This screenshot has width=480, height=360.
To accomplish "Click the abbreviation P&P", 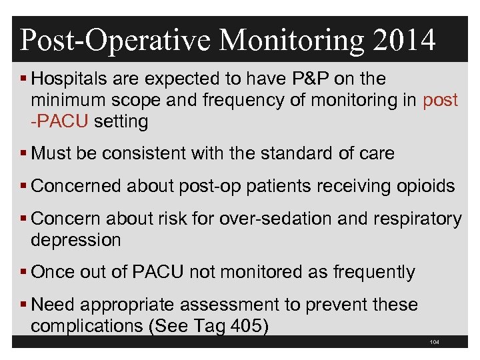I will click(x=309, y=79).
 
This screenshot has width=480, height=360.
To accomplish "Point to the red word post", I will click(x=441, y=101).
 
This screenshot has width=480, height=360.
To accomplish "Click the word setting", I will click(x=121, y=122).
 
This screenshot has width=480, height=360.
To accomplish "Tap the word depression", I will click(x=75, y=240).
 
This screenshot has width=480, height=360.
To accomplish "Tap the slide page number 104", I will click(x=435, y=343).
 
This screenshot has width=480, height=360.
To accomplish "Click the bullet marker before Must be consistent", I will click(x=24, y=154).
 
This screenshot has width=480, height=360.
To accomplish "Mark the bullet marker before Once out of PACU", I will click(x=24, y=273).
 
